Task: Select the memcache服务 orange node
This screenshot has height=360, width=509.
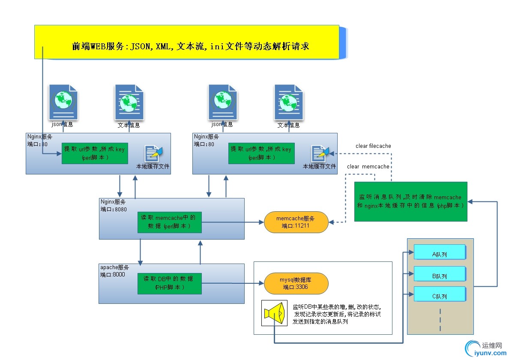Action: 296,222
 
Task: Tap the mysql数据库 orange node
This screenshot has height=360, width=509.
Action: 296,284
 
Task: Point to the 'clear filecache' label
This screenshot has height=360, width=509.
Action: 373,146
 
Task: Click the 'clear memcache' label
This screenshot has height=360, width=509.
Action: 368,167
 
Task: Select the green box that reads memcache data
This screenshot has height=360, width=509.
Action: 169,222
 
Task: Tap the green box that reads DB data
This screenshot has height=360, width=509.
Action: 169,283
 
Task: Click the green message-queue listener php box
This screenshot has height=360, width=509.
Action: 410,201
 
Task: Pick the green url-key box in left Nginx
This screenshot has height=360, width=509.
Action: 95,153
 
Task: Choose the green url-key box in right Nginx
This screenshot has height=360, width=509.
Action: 261,153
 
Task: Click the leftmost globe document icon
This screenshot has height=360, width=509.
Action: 63,102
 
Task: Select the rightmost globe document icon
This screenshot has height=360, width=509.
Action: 289,102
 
